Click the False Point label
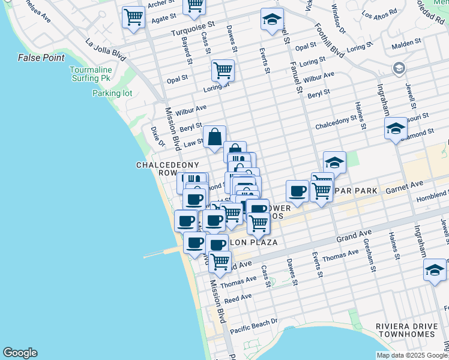pyautogui.click(x=41, y=58)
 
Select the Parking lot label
pyautogui.click(x=112, y=93)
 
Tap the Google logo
pyautogui.click(x=20, y=353)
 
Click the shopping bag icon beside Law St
pyautogui.click(x=215, y=137)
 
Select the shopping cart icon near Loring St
pyautogui.click(x=223, y=70)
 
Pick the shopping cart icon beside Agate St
pyautogui.click(x=133, y=17)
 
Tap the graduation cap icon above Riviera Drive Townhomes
pyautogui.click(x=435, y=269)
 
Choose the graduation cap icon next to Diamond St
pyautogui.click(x=396, y=128)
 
